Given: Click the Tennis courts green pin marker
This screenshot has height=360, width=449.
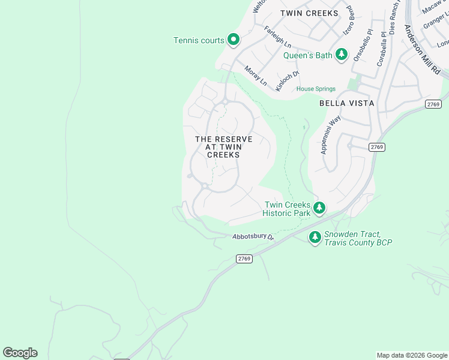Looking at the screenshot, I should (234, 40).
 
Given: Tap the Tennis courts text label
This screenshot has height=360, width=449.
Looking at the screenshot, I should (199, 41).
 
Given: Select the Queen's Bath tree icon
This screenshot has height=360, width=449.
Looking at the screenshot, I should (342, 55).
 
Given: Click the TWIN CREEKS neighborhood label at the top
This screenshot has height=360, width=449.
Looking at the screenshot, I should (310, 13).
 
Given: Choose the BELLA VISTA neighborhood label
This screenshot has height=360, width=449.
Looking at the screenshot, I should (347, 103).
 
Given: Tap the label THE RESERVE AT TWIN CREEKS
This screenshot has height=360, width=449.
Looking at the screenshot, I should (224, 147).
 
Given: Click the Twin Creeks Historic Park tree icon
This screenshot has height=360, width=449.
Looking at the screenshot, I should (320, 208).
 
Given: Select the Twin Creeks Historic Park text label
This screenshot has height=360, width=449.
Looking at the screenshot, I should (288, 209).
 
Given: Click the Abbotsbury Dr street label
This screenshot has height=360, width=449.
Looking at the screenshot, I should (253, 238).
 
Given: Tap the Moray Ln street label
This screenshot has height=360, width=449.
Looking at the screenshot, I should (255, 76).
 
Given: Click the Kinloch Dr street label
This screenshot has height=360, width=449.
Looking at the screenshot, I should (287, 82).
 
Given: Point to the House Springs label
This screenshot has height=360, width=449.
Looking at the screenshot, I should (316, 89).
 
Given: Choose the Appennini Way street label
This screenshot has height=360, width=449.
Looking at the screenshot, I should (331, 134).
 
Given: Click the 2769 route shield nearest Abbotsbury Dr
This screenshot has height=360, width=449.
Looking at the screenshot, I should (244, 259).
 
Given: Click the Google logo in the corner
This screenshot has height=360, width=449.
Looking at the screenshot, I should (20, 353).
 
